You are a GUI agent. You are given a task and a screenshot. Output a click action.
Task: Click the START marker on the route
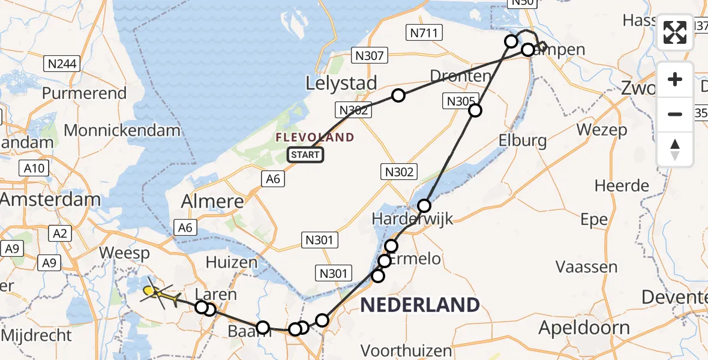coord(306,155)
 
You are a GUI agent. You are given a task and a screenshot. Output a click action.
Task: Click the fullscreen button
coord(675,32)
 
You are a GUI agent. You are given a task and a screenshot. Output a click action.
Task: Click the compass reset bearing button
coord(675,149)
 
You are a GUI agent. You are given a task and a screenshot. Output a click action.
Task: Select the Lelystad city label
coord(341,83)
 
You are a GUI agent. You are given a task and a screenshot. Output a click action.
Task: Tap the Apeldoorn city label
coord(584,328)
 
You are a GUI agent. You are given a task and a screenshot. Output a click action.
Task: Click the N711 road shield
coord(424,33)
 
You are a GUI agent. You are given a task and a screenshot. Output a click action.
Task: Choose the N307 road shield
coord(370,56)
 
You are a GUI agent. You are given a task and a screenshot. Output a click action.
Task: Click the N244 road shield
coord(62,63)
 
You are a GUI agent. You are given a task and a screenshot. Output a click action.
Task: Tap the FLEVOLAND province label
coord(315,137)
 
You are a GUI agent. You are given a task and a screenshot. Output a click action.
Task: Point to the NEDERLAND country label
coord(419,305)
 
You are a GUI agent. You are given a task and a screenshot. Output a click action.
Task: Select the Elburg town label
coord(523,141)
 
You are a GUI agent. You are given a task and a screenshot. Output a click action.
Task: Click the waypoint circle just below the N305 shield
coord(475,110)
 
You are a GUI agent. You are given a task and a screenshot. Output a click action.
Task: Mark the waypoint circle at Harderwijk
coord(425,206)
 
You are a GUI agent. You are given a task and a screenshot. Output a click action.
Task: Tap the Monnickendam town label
coord(122,130)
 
